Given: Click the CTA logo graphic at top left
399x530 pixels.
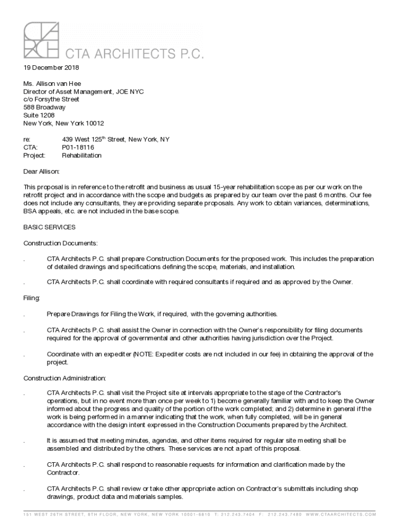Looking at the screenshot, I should (41, 40).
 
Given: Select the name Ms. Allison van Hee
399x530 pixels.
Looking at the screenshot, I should (52, 83).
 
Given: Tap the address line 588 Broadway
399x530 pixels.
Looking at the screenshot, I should (45, 107).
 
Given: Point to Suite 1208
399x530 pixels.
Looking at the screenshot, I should (39, 115).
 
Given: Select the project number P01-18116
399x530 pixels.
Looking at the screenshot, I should (78, 148).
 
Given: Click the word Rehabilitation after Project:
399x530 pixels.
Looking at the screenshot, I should (82, 155).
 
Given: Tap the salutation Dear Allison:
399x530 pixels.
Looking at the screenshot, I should (42, 171).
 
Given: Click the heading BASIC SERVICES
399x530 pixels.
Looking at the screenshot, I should (50, 227).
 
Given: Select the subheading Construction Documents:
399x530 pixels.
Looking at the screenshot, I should (61, 243).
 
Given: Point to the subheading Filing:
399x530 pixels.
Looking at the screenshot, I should (32, 299).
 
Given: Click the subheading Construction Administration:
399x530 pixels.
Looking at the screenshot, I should (65, 378).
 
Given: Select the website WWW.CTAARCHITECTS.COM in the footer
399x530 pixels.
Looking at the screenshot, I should (341, 514).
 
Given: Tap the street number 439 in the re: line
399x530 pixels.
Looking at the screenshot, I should (68, 140).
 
